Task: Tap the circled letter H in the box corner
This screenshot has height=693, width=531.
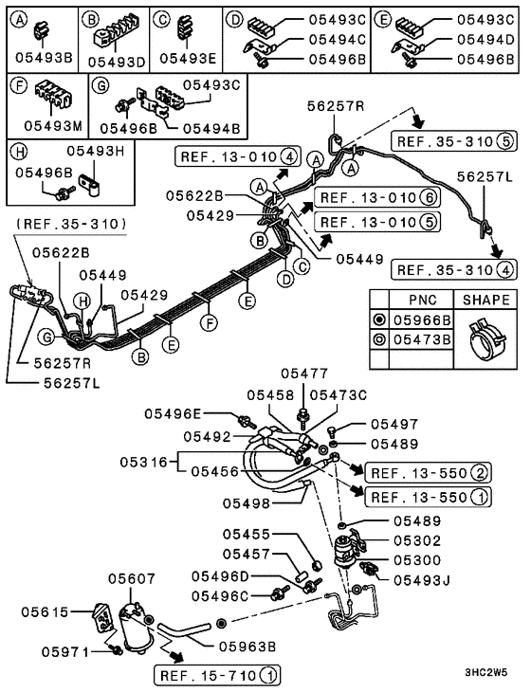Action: [17, 150]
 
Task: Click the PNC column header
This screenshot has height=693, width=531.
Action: [414, 300]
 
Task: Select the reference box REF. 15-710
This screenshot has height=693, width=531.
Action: [216, 675]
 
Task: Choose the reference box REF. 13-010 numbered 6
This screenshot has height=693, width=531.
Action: [363, 197]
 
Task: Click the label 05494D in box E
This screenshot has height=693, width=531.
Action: [484, 39]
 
